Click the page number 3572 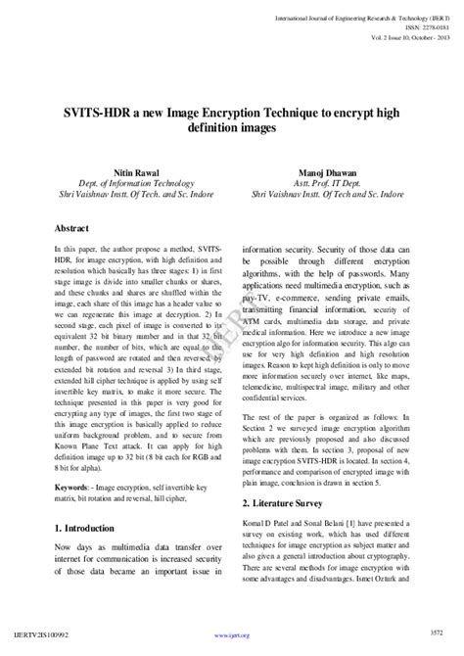[x=438, y=645]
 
